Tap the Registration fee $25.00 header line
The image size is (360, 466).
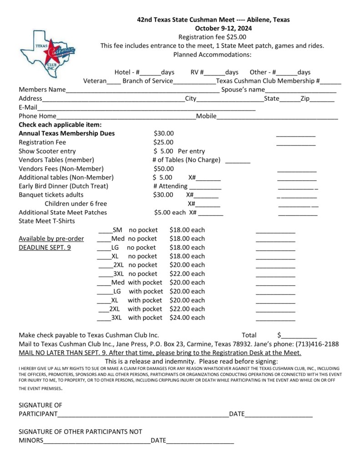coord(212,37)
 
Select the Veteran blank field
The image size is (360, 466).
coord(114,82)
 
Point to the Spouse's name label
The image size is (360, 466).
coord(243,90)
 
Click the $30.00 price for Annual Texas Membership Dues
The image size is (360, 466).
coord(164,134)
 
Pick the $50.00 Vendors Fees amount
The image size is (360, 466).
coord(163,168)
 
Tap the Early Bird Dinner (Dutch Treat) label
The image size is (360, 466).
coord(63,186)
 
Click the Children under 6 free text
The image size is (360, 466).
coord(76,203)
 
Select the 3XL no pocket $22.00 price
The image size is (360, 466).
coord(187,274)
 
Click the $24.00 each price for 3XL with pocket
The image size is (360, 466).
coord(187,318)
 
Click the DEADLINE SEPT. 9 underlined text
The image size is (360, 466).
coord(45,248)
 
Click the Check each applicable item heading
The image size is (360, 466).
coord(60,125)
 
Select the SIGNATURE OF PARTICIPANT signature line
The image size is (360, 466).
coord(143,415)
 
